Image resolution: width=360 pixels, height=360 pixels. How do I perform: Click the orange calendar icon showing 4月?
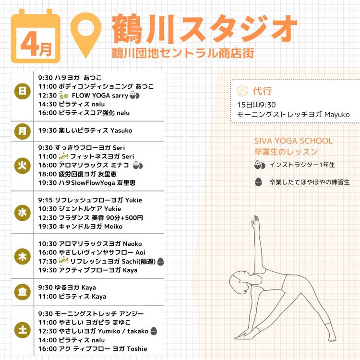pyautogui.click(x=36, y=36)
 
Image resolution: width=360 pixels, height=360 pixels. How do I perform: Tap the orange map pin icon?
pyautogui.click(x=85, y=35)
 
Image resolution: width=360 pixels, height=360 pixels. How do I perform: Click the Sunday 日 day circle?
pyautogui.click(x=22, y=91)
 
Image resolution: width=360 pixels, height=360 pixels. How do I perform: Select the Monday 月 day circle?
pyautogui.click(x=22, y=131)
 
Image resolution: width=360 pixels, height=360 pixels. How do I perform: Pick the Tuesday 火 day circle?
pyautogui.click(x=22, y=166)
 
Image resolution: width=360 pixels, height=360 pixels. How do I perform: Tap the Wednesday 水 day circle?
pyautogui.click(x=22, y=213)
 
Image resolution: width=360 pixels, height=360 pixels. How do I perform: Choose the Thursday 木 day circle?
pyautogui.click(x=22, y=256)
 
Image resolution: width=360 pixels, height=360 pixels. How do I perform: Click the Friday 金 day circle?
pyautogui.click(x=22, y=292)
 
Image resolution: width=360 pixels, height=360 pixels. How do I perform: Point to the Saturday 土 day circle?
pyautogui.click(x=22, y=330)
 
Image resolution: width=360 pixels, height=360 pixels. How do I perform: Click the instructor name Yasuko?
pyautogui.click(x=121, y=131)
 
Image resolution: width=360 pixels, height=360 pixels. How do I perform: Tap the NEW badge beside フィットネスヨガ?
pyautogui.click(x=63, y=157)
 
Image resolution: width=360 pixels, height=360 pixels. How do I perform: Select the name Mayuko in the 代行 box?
pyautogui.click(x=337, y=115)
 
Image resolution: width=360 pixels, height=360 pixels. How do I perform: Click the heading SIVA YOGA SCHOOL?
pyautogui.click(x=293, y=141)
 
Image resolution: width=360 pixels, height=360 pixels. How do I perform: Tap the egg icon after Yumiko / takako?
pyautogui.click(x=154, y=331)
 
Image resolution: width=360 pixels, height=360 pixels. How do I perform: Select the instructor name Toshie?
pyautogui.click(x=137, y=349)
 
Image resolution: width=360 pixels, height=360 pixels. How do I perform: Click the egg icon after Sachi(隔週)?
pyautogui.click(x=160, y=262)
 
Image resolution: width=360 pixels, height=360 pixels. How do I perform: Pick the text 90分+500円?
pyautogui.click(x=124, y=217)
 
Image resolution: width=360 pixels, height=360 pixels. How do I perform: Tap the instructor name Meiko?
pyautogui.click(x=113, y=227)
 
